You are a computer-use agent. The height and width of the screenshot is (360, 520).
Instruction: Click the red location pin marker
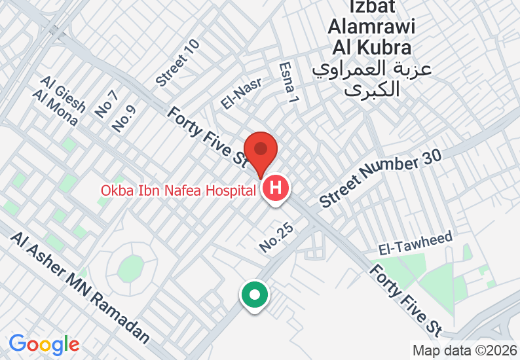(x=261, y=151)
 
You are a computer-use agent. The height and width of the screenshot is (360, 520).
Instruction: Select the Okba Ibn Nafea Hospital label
(x=177, y=190)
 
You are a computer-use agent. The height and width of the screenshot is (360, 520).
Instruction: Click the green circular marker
(x=254, y=295)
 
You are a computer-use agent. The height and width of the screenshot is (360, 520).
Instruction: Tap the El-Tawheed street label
(x=416, y=243)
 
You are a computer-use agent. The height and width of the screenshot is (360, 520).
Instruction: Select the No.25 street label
(x=275, y=236)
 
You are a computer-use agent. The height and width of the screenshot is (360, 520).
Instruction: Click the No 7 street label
(x=106, y=104)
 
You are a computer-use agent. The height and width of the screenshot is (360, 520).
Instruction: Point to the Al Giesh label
(x=63, y=94)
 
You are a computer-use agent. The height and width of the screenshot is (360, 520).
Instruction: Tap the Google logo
(x=44, y=344)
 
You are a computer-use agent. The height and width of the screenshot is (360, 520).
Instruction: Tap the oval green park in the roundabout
(x=132, y=267)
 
